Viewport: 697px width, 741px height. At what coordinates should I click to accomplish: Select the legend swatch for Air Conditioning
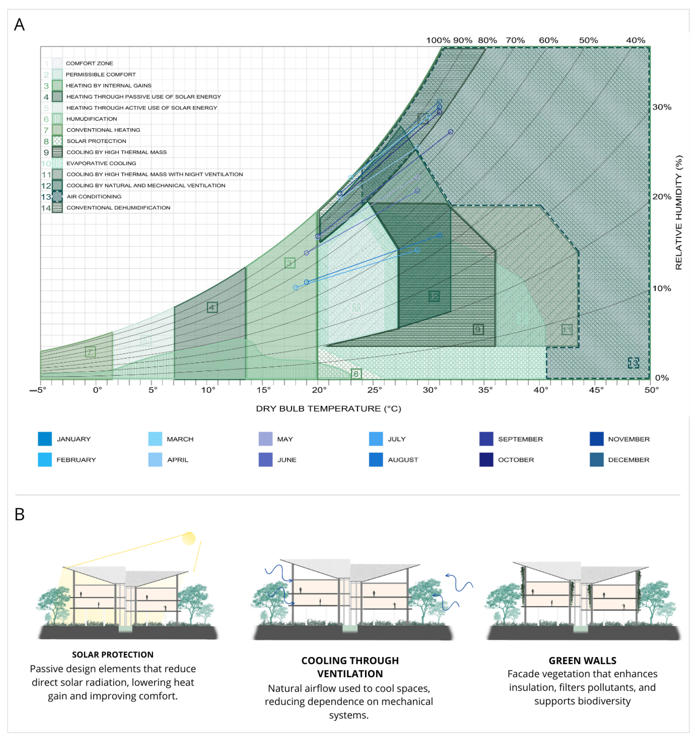(x=57, y=197)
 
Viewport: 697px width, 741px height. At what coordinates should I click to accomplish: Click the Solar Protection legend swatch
(x=57, y=141)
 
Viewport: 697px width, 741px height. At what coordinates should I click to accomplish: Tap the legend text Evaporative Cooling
(x=101, y=163)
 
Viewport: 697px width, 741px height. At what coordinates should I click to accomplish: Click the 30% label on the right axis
(x=662, y=107)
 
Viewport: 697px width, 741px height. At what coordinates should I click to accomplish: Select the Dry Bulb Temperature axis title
(x=328, y=409)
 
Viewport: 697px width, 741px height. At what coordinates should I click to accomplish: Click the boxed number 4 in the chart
(x=212, y=308)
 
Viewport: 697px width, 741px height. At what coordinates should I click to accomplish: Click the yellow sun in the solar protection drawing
(x=189, y=538)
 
